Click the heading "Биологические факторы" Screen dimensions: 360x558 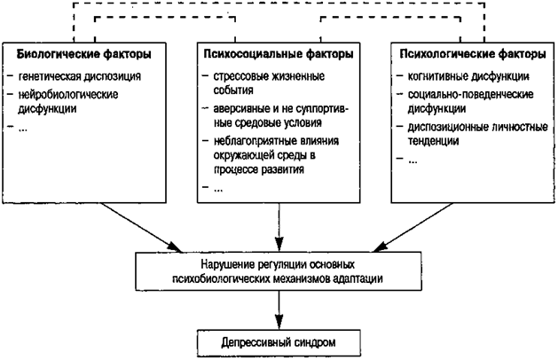pos(83,55)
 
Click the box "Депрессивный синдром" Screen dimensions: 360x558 pos(280,340)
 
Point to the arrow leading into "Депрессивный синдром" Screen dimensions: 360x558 pos(280,309)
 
